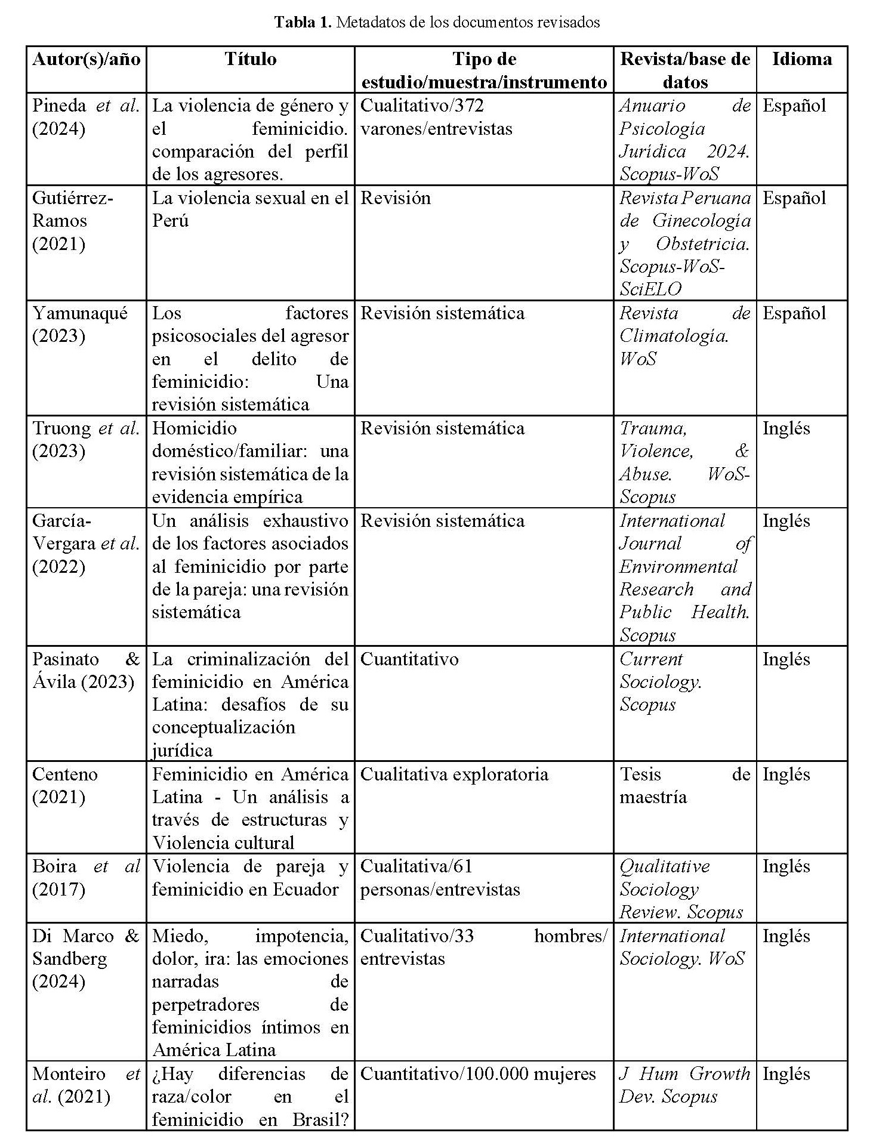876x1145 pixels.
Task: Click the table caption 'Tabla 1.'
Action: (303, 23)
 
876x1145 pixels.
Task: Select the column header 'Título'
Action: (251, 59)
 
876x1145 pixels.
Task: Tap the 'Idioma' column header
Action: (801, 59)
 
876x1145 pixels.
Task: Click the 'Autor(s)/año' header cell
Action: (87, 59)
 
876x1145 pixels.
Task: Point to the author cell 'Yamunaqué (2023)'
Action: (80, 325)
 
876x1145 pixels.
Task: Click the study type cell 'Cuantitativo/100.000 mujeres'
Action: (478, 1073)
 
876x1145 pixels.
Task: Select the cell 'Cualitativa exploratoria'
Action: (454, 774)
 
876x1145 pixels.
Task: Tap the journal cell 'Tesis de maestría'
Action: (684, 785)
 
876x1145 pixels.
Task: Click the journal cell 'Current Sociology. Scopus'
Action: (661, 681)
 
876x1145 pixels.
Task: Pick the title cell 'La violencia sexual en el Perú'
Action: (250, 209)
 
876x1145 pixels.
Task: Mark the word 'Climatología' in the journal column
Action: (674, 336)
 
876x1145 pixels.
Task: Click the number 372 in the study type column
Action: (470, 106)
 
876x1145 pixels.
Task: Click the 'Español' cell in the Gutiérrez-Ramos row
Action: (794, 197)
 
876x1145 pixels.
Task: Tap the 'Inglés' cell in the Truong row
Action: (786, 428)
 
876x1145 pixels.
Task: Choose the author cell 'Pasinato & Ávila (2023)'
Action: (86, 670)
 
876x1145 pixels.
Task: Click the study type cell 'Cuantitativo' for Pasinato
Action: (409, 659)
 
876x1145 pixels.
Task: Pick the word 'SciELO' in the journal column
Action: (650, 289)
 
